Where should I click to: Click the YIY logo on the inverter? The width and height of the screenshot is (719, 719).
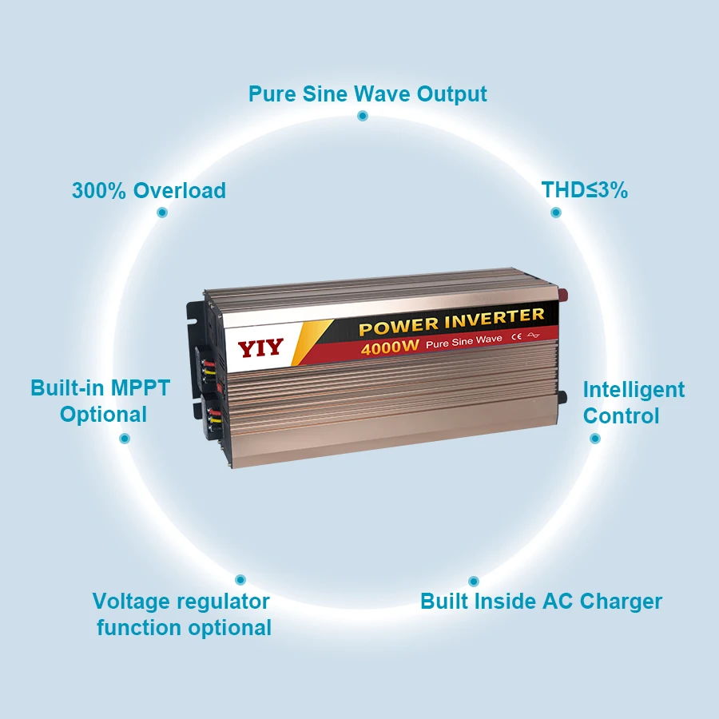260,349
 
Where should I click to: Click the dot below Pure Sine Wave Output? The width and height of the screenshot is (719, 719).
362,116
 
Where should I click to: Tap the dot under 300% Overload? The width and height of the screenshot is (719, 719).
162,213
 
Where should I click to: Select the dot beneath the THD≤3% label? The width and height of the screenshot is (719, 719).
556,213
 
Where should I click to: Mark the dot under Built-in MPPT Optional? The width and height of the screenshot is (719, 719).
125,438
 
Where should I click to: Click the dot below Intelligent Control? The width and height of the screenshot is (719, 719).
594,439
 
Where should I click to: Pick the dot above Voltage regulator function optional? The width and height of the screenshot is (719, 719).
240,580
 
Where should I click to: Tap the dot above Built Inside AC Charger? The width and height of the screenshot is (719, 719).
473,581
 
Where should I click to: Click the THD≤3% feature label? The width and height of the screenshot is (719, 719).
584,190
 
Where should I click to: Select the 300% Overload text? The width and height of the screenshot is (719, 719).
149,191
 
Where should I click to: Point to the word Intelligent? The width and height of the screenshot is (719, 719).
634,390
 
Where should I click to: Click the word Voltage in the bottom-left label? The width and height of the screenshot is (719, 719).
131,602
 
